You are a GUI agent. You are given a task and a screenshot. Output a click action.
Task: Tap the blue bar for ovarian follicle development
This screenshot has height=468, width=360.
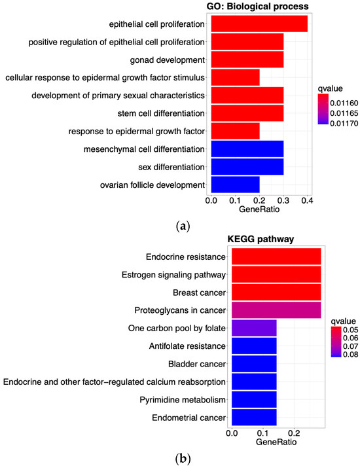[x=235, y=185]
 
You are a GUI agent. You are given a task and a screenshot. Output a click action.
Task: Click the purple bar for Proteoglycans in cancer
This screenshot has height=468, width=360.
[x=276, y=309]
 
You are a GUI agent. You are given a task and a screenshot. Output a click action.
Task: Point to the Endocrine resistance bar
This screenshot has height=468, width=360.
[x=276, y=256]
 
